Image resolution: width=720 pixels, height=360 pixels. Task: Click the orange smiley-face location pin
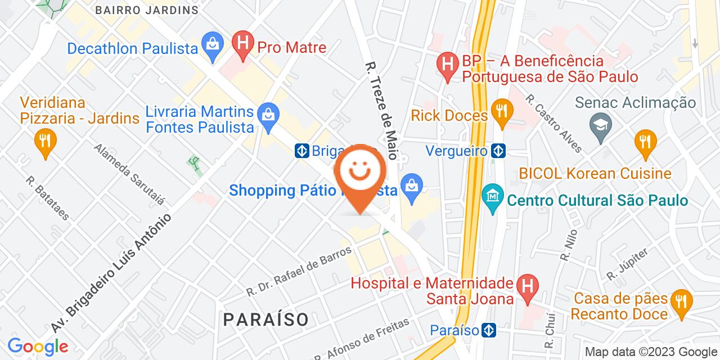click(x=360, y=174)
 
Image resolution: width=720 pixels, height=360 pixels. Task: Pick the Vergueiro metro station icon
click(x=498, y=150)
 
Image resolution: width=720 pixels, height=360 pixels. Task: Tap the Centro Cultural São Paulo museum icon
click(x=493, y=198)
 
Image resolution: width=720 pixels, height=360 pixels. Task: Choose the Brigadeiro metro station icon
click(x=303, y=150)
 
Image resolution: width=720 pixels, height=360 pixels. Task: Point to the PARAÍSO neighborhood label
click(x=266, y=319)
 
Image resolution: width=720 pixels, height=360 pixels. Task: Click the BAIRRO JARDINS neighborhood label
click(x=147, y=10)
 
